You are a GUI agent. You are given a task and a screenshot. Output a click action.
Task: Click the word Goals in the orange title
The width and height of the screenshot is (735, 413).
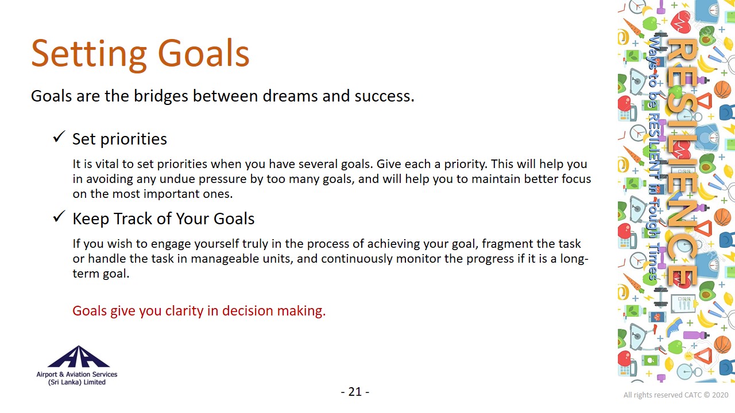204,53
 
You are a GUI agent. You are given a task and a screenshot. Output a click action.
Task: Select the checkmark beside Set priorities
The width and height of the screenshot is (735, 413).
59,137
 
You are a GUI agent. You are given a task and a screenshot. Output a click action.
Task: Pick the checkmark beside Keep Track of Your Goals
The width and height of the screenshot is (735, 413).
59,217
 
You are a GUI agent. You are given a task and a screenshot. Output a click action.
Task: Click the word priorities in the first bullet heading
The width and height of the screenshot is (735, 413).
134,139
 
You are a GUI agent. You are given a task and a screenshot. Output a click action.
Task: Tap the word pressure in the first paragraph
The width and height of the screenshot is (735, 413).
222,180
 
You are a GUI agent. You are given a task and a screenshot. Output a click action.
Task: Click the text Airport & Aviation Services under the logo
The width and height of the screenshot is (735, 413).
77,375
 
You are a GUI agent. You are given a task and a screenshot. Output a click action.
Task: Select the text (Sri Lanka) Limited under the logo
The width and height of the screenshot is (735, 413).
77,382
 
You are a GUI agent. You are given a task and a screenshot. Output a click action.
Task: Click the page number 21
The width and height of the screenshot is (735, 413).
355,392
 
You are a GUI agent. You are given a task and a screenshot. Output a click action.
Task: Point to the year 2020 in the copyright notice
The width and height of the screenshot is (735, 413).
720,395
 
